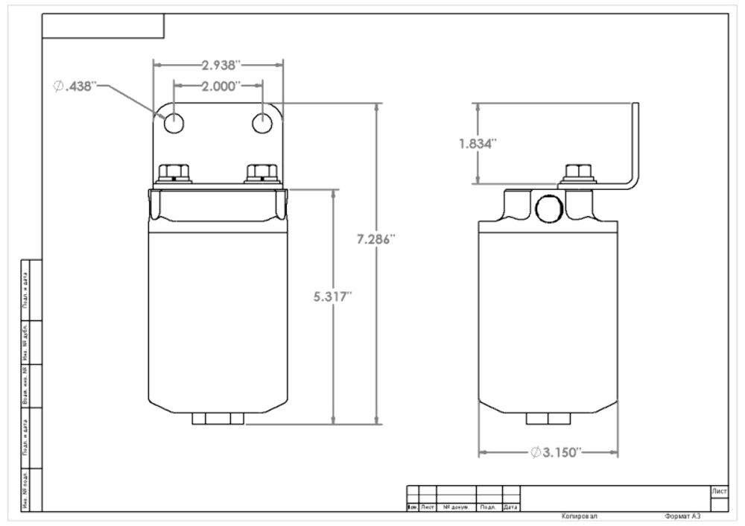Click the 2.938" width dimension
click(218, 65)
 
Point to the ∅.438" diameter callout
click(75, 86)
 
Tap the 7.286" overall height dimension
click(375, 239)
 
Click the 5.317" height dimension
click(332, 297)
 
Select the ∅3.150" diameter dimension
click(555, 452)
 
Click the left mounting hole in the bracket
click(174, 123)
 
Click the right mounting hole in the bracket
click(262, 123)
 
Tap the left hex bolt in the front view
click(174, 174)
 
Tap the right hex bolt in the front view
click(261, 174)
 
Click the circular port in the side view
click(548, 209)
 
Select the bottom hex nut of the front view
click(218, 419)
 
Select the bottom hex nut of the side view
click(548, 419)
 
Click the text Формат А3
click(682, 516)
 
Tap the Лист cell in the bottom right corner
click(720, 491)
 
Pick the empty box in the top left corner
click(103, 25)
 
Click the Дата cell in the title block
click(511, 507)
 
